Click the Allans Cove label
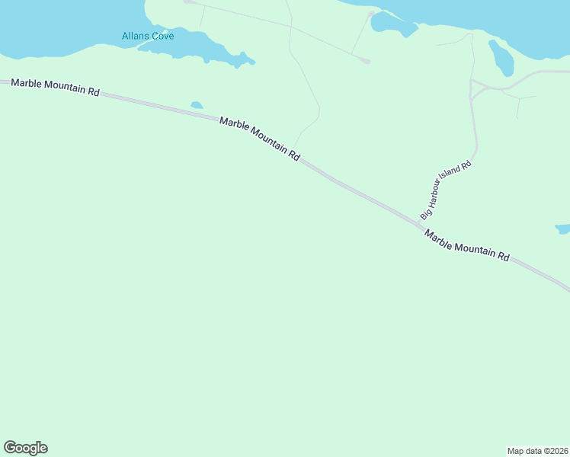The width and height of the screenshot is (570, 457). (x=148, y=36)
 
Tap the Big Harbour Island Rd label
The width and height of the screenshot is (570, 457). (x=446, y=190)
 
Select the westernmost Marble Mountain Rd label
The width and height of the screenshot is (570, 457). (x=56, y=87)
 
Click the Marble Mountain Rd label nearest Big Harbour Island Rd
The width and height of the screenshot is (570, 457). (x=466, y=245)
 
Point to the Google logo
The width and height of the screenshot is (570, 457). (x=25, y=448)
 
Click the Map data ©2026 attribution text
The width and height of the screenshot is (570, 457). (x=537, y=450)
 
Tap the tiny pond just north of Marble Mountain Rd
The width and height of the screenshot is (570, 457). (x=197, y=105)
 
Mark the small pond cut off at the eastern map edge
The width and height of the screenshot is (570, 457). (x=563, y=228)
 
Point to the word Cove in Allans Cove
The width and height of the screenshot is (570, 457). (x=162, y=36)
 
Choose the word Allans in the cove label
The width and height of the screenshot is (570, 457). (x=135, y=36)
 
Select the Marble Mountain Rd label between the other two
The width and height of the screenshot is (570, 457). (x=259, y=138)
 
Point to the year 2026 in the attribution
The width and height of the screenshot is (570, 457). (x=557, y=450)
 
